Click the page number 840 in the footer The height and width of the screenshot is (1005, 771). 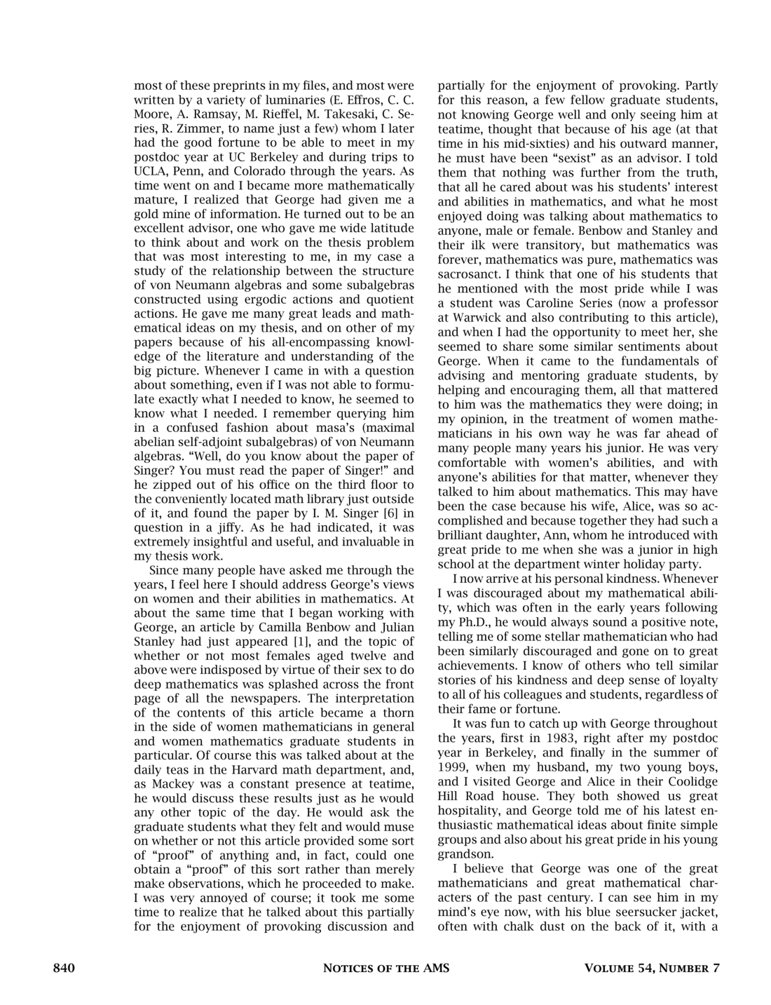(x=64, y=969)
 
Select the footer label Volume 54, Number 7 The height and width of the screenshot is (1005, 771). (x=652, y=969)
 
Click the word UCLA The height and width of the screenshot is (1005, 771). (x=150, y=170)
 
